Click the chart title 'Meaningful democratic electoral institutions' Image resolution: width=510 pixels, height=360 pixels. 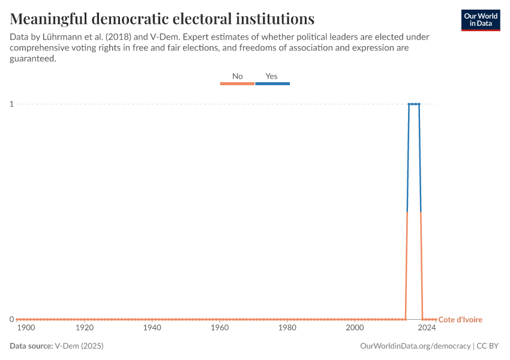(162, 18)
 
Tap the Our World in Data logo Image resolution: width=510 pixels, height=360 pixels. (480, 20)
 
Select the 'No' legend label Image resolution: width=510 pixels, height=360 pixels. (238, 76)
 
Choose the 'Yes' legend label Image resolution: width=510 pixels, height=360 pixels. (272, 76)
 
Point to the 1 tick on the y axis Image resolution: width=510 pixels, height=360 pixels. (11, 104)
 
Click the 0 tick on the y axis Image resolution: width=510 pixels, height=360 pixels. (11, 319)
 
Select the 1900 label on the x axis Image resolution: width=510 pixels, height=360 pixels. (26, 328)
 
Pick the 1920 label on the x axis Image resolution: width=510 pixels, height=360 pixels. (85, 328)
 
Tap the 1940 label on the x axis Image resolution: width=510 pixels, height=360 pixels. (152, 328)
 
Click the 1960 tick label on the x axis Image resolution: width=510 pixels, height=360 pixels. (220, 328)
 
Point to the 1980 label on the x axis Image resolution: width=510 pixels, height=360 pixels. (287, 328)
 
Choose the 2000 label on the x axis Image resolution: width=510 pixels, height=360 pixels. (355, 328)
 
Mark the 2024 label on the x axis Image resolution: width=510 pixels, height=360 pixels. (427, 328)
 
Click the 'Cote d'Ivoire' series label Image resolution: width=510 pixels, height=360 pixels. (460, 320)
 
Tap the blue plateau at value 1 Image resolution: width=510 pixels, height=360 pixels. (414, 104)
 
